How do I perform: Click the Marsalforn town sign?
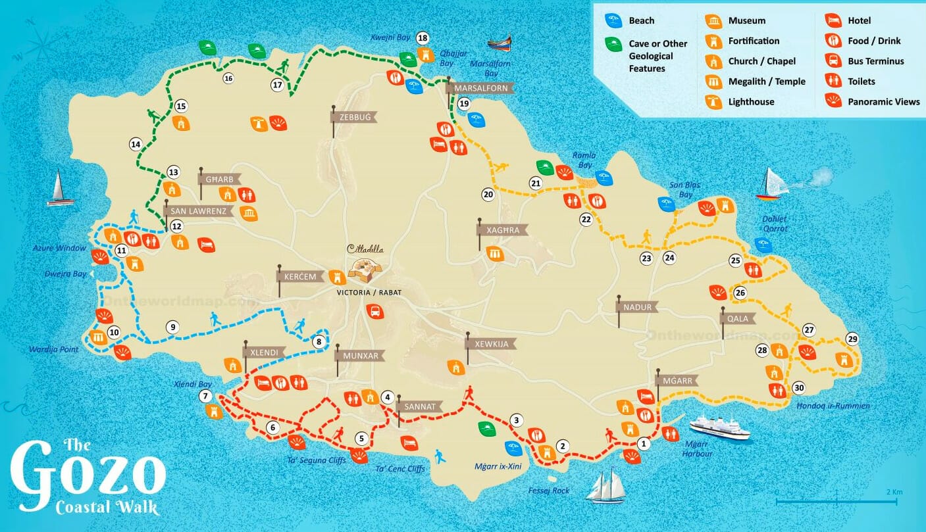click(480, 88)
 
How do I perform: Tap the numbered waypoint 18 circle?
click(423, 38)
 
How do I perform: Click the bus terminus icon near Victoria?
click(374, 311)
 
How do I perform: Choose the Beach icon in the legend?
click(641, 21)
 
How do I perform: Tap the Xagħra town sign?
click(503, 230)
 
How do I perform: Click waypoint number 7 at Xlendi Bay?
click(206, 396)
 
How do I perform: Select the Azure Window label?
click(59, 248)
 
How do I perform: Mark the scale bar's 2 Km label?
click(894, 492)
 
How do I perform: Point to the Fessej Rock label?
click(549, 491)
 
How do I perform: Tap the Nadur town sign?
click(638, 307)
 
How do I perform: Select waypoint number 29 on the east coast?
click(853, 339)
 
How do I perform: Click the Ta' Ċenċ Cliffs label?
click(400, 469)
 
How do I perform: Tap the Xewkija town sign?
click(491, 343)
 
